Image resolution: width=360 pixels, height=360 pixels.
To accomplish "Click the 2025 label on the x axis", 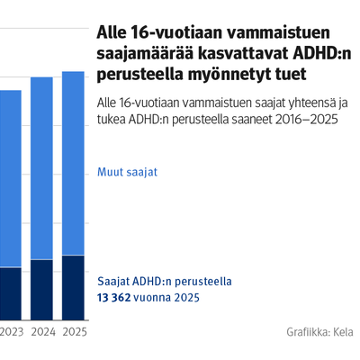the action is pos(75,332).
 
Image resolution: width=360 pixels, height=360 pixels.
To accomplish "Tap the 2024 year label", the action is pos(43,332).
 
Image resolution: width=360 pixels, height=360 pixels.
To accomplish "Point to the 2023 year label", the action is pos(12,332).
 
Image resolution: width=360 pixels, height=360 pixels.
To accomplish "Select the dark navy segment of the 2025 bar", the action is pos(73,288).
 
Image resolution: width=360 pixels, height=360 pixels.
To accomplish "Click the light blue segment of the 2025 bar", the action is pos(73,164).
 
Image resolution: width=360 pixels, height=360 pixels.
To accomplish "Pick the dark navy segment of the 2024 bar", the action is pos(41,290).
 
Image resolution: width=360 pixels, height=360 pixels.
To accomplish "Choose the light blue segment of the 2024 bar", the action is pos(41,168).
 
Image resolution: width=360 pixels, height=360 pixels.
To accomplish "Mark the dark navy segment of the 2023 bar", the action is pos(11,294).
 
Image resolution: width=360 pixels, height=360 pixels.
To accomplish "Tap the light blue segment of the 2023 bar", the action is pos(11,179).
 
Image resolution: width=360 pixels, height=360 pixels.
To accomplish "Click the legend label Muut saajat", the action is pos(127,172).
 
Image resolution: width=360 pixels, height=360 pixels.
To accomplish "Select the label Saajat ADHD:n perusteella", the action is pos(165,282).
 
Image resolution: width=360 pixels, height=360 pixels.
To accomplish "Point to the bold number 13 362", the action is pos(114,298).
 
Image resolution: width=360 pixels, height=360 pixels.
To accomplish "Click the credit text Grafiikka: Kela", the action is pos(319,332).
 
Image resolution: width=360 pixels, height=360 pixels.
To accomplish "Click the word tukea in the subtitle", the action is pos(112,120).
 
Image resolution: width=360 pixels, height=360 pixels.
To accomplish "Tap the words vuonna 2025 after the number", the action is pos(166,298).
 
